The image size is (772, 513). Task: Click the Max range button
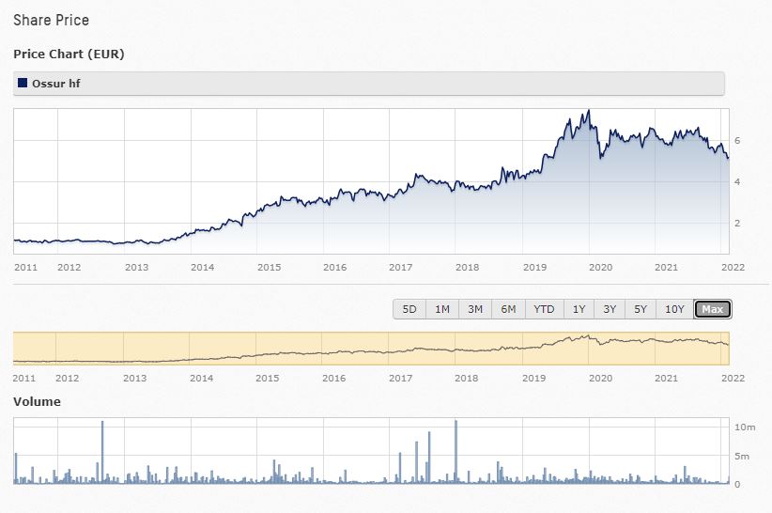pos(712,309)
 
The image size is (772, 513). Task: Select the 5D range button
pos(409,309)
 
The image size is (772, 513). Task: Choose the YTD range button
pos(544,309)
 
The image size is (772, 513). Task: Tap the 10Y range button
pos(674,309)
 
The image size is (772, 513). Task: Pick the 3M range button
pos(475,309)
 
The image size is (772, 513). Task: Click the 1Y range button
pos(579,309)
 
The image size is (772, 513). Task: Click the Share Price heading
pos(52,20)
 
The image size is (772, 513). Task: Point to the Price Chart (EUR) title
pos(69,54)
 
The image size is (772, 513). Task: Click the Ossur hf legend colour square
pos(23,83)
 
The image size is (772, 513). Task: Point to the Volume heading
pos(37,401)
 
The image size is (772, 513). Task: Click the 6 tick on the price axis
pos(737,140)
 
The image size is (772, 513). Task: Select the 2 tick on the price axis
pos(737,223)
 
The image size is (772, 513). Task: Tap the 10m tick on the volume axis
pos(744,427)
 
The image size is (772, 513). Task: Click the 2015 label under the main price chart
pos(270,267)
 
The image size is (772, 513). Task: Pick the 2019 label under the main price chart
pos(534,267)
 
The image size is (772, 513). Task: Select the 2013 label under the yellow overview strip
pos(135,378)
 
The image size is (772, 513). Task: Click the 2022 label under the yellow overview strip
pos(733,378)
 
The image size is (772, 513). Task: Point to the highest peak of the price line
pos(588,111)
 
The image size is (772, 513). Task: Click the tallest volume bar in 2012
pos(101,451)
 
